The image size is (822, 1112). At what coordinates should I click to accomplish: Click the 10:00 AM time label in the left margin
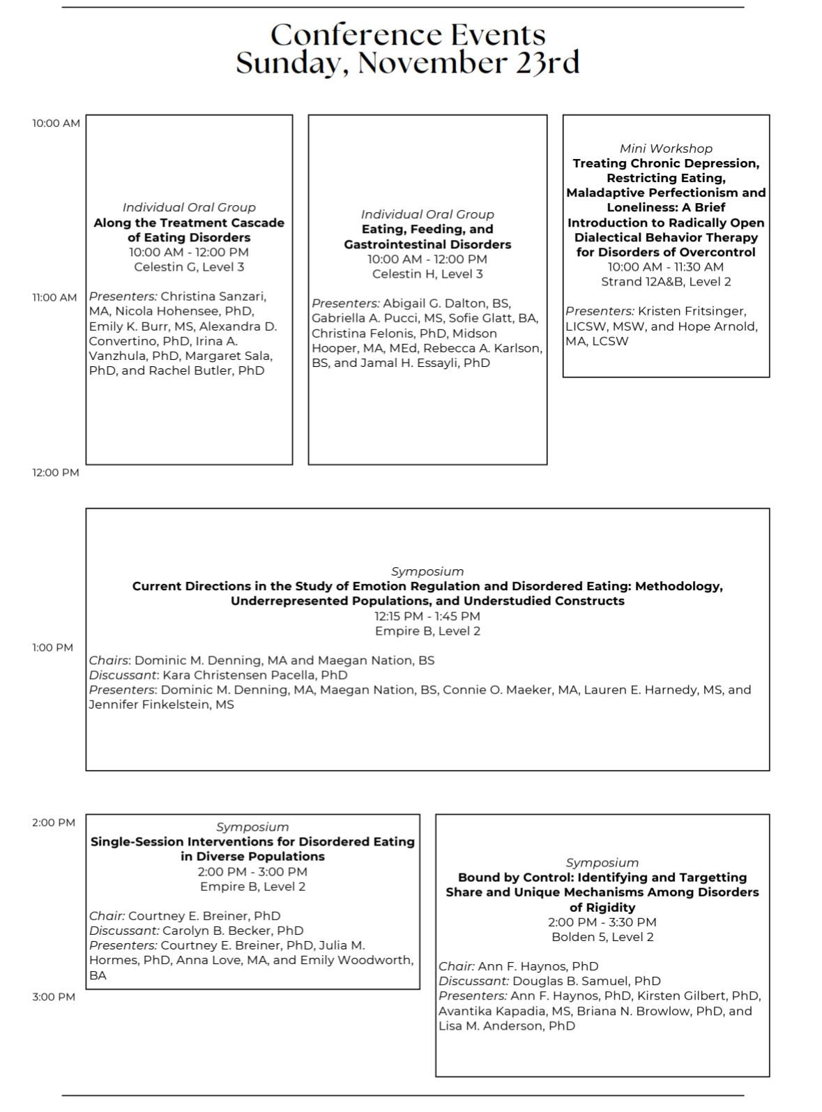point(56,123)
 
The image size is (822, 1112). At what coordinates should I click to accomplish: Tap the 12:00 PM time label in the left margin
point(56,472)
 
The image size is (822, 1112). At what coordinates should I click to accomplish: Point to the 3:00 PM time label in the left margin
point(54,997)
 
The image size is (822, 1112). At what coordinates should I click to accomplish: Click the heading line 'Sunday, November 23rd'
point(407,63)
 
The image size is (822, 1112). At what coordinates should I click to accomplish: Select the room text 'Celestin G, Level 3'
point(189,266)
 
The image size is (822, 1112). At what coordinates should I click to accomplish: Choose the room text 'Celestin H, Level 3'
point(427,273)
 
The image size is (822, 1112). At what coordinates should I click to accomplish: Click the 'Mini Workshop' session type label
point(666,148)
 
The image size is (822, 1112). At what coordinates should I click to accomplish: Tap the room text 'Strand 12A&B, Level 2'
point(666,281)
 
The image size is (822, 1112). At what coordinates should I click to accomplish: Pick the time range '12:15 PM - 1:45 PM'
point(427,616)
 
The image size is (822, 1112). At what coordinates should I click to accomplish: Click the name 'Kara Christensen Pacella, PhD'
point(254,675)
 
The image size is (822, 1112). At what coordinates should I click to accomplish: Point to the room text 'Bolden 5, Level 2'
point(602,937)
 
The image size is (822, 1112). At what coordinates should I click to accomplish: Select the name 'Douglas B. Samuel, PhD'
point(586,981)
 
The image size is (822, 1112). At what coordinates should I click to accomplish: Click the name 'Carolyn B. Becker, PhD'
point(233,930)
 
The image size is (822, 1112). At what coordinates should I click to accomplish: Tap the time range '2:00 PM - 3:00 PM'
point(252,871)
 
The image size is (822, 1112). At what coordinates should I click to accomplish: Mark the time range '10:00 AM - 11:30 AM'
point(666,266)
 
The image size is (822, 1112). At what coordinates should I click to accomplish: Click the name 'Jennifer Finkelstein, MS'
point(162,705)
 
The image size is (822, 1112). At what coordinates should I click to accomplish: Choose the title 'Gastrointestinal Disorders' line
point(427,244)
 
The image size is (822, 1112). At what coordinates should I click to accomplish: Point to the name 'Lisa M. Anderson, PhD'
point(507,1025)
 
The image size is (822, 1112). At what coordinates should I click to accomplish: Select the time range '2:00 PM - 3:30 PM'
point(602,922)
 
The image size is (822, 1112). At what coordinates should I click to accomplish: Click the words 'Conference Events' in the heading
point(407,34)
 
